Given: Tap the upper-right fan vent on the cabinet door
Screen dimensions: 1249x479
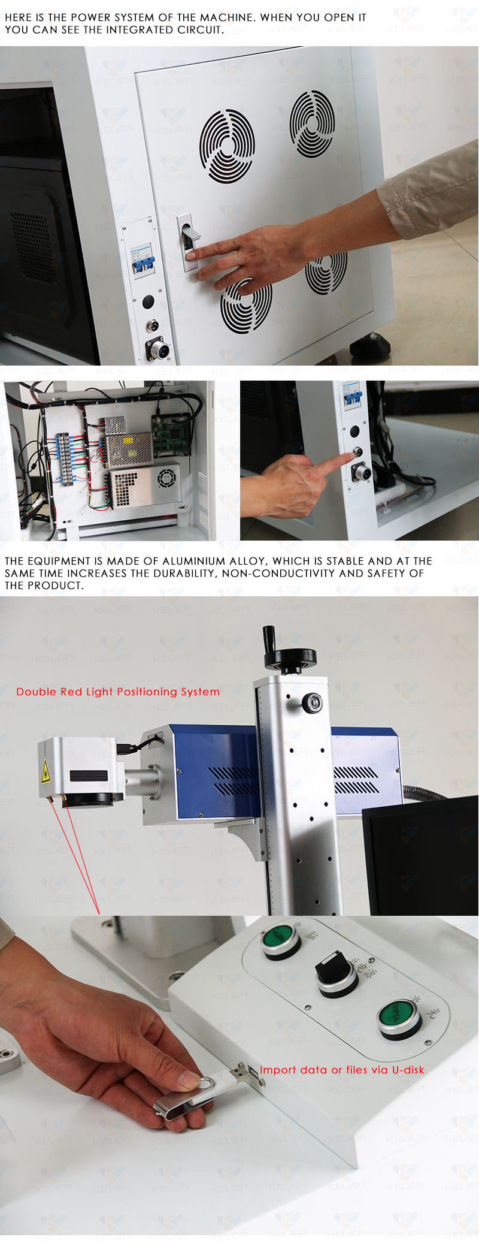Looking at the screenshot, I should (312, 123).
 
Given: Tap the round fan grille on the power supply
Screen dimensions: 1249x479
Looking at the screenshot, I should (166, 478).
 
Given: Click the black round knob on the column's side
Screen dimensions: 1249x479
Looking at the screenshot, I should (311, 702).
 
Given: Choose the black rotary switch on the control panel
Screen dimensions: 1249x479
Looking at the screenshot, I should (336, 972).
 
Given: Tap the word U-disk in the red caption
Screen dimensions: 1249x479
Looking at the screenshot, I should (407, 1070).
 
